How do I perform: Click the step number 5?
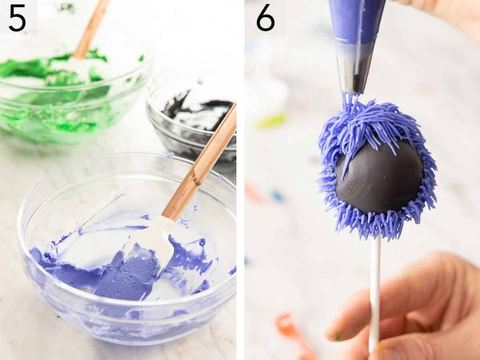(17, 18)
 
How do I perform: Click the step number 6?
(265, 18)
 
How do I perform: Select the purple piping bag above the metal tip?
(356, 20)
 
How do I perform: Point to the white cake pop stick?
(375, 288)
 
